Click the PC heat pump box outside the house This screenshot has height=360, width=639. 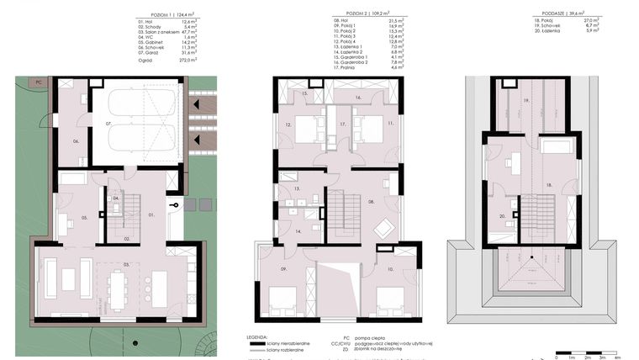(39, 82)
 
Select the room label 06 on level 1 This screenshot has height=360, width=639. (75, 141)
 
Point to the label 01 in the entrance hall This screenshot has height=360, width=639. (151, 215)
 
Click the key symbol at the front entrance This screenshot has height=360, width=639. (173, 204)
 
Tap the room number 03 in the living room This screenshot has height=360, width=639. (127, 265)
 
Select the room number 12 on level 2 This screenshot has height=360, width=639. (288, 126)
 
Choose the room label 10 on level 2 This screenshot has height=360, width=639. (392, 269)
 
